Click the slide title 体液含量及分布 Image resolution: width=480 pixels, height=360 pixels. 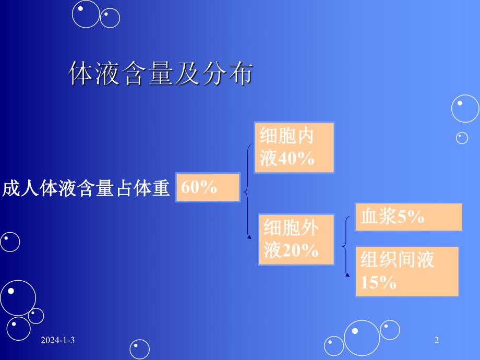[161, 75]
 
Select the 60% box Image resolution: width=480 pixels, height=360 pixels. [208, 187]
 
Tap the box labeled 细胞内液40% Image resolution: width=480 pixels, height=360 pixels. [294, 148]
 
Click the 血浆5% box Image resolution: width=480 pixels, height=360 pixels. [409, 217]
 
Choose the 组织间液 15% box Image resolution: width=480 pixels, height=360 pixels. [407, 271]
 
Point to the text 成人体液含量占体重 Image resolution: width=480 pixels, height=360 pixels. [87, 188]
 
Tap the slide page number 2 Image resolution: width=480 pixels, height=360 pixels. [437, 341]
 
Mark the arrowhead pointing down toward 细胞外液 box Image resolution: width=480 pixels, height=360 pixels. [249, 237]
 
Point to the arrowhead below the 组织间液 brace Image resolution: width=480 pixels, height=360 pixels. [347, 273]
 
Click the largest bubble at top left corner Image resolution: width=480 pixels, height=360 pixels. [86, 14]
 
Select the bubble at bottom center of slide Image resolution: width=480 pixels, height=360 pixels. [140, 349]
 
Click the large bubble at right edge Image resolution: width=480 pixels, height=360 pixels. [464, 109]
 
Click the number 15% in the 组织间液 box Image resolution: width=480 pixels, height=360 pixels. [378, 283]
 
